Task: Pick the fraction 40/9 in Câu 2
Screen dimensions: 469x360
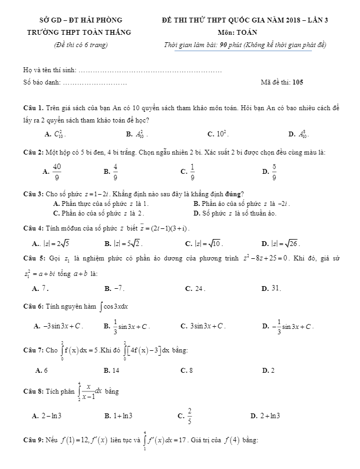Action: tap(57, 171)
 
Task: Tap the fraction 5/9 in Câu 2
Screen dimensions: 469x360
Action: tap(274, 171)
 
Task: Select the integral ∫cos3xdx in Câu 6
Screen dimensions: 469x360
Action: tap(113, 306)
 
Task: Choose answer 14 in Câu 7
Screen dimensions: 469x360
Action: tap(115, 370)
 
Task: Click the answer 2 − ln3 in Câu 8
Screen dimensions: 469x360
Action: tap(50, 416)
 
